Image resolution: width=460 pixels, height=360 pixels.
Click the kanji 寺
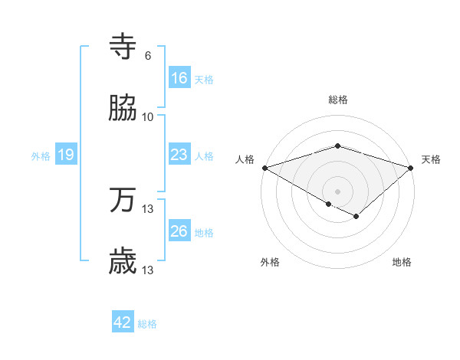pyautogui.click(x=123, y=47)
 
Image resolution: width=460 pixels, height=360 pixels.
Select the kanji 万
pyautogui.click(x=123, y=201)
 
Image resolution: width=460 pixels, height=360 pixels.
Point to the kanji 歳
pyautogui.click(x=123, y=261)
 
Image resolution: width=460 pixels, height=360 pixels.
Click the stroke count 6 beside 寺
pyautogui.click(x=148, y=56)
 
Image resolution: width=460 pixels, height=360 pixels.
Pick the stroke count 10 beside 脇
pyautogui.click(x=148, y=116)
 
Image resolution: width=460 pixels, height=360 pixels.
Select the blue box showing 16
pyautogui.click(x=179, y=78)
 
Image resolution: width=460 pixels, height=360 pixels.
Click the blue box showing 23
pyautogui.click(x=179, y=155)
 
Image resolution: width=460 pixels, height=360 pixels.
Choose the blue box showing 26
pyautogui.click(x=179, y=231)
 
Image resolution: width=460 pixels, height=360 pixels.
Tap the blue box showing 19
pyautogui.click(x=66, y=155)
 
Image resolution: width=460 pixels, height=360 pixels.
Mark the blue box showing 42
pyautogui.click(x=123, y=322)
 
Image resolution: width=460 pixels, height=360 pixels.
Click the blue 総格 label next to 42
pyautogui.click(x=147, y=324)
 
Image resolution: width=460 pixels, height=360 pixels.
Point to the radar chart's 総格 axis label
pyautogui.click(x=337, y=100)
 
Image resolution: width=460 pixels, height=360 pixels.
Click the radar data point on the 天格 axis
pyautogui.click(x=412, y=167)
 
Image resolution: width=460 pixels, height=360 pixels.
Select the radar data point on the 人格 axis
pyautogui.click(x=264, y=167)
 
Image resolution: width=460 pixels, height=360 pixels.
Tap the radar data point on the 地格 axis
pyautogui.click(x=356, y=217)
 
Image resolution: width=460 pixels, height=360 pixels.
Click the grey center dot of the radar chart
pyautogui.click(x=337, y=191)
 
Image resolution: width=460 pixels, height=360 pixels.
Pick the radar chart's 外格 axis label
pyautogui.click(x=270, y=263)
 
